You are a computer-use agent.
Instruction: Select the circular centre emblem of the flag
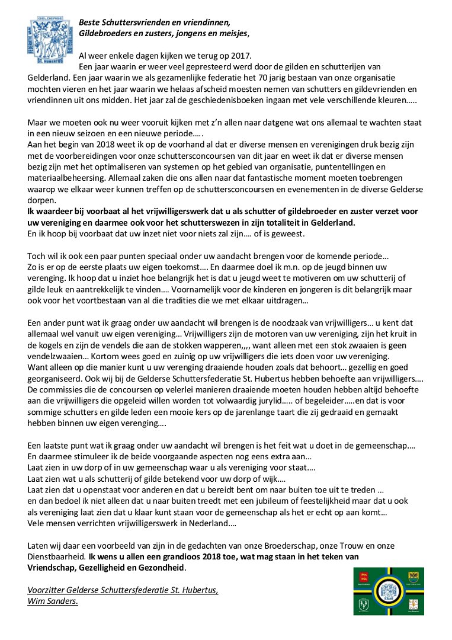389,590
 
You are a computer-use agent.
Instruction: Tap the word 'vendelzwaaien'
56,357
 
